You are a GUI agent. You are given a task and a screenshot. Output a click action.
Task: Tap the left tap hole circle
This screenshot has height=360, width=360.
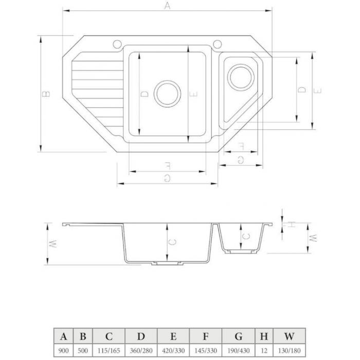coord(117,44)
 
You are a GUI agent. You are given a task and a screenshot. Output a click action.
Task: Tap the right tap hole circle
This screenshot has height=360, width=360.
coord(217,44)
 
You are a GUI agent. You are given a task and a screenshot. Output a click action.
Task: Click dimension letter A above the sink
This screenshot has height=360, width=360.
coord(168,6)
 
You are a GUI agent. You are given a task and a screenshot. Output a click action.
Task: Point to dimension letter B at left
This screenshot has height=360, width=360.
coord(46,94)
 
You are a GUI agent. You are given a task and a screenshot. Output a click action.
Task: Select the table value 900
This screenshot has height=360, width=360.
coord(63,351)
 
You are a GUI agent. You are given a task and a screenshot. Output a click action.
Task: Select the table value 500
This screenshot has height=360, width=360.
coord(83,351)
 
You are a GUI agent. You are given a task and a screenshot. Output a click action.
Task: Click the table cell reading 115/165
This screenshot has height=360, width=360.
coord(109,351)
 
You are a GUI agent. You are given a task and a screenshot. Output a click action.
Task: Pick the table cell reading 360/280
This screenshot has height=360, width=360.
coord(141,351)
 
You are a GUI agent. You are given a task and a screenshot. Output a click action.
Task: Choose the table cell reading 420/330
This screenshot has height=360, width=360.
coord(173,351)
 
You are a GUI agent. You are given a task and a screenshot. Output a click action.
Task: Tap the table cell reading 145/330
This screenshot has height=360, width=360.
coord(206,351)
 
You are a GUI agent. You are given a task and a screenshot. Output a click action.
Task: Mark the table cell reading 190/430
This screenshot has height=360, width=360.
coord(238,351)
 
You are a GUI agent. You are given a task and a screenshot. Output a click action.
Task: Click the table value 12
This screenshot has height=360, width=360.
coord(264,351)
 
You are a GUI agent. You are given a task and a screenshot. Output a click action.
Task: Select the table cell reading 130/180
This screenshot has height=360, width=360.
coord(289,351)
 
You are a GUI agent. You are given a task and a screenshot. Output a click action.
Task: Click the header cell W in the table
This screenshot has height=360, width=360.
coord(289,336)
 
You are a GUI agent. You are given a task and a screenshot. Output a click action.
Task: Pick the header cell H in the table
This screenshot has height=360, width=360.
coord(264,336)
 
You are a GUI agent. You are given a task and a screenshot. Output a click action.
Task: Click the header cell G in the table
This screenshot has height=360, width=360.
coord(238,336)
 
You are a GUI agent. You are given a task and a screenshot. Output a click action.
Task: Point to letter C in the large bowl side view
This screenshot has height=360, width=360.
coord(172,242)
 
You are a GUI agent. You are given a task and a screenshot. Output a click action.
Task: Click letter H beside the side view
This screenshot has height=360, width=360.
coord(291,224)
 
